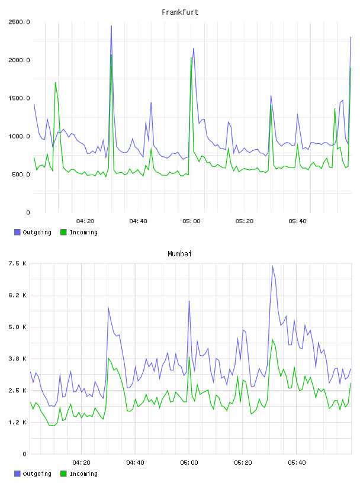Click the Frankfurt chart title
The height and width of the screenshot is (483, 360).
click(x=180, y=12)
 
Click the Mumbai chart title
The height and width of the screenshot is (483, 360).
click(x=179, y=254)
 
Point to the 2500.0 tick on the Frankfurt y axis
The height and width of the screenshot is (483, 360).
click(x=19, y=22)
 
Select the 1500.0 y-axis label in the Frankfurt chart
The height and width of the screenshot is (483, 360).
click(x=19, y=98)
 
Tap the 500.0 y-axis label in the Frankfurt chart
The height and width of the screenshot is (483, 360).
click(x=21, y=175)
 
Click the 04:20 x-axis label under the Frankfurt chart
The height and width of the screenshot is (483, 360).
click(x=85, y=221)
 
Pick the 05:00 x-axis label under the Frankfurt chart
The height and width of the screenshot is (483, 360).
click(x=191, y=221)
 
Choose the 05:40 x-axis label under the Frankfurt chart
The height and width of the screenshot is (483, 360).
click(x=297, y=221)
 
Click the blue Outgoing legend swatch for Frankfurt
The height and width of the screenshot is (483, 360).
click(x=17, y=232)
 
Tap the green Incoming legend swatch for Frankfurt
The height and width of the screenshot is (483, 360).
click(x=63, y=232)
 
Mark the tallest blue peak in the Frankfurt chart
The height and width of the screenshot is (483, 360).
click(x=111, y=26)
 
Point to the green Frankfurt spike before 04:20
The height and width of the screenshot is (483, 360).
click(x=56, y=82)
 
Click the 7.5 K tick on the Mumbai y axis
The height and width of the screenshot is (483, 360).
click(x=18, y=263)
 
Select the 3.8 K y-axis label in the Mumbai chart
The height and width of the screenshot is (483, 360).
click(x=18, y=359)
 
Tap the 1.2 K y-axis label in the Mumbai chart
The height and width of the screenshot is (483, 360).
click(x=18, y=422)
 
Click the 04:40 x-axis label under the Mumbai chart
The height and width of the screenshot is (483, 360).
click(x=136, y=463)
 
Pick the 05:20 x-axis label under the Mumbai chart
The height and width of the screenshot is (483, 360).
click(x=243, y=463)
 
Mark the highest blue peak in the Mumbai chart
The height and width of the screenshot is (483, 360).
click(x=272, y=266)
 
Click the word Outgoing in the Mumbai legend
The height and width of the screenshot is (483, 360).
click(x=37, y=474)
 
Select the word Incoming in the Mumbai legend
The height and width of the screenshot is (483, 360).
click(x=83, y=474)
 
